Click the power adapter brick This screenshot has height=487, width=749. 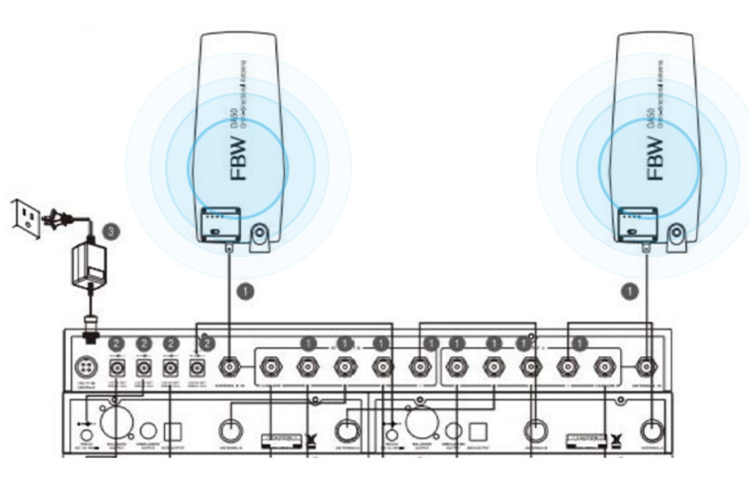click(x=89, y=266)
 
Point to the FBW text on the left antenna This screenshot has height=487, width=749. click(x=238, y=158)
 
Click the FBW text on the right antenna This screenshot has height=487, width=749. click(x=655, y=158)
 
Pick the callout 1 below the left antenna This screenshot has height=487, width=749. click(x=246, y=292)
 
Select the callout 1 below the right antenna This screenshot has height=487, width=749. click(x=630, y=292)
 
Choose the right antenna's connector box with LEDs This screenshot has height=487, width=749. click(x=637, y=224)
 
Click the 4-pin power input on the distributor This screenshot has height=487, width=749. click(x=86, y=367)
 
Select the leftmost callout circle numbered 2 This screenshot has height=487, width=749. click(x=116, y=343)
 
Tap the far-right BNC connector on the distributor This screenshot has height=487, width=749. click(x=646, y=367)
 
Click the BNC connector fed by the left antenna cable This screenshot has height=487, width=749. click(x=230, y=367)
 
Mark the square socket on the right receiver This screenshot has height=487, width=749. click(x=478, y=432)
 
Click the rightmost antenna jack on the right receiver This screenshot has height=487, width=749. click(x=652, y=431)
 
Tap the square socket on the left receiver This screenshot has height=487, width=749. click(x=173, y=432)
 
